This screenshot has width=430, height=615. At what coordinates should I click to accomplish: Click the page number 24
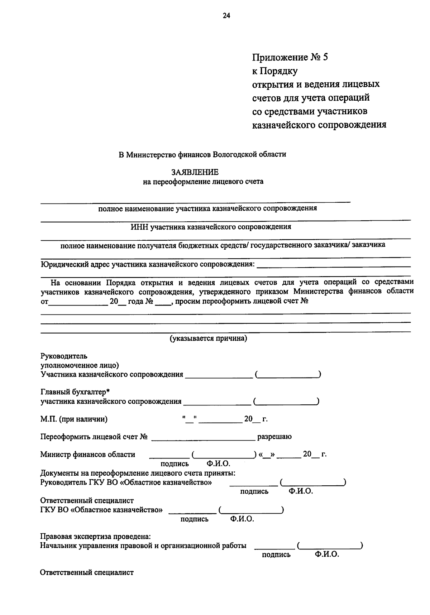[226, 15]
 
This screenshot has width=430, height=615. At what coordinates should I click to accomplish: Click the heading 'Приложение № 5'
[290, 57]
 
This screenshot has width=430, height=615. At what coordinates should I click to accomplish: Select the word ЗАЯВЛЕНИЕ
[195, 172]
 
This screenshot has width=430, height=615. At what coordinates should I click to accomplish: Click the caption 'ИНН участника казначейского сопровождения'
[211, 227]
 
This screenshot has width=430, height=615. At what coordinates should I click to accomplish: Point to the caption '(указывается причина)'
[208, 338]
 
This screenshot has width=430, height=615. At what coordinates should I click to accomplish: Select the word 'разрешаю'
[274, 437]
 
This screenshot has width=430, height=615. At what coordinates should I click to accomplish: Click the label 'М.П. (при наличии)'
[74, 419]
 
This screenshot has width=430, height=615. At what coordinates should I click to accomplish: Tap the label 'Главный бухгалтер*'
[75, 392]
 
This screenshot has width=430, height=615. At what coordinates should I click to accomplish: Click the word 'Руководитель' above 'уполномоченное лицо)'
[64, 356]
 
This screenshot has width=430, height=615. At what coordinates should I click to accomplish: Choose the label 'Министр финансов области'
[88, 455]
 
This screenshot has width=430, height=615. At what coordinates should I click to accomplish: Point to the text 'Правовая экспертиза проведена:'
[95, 537]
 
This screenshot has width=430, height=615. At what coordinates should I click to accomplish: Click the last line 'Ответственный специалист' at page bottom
[87, 572]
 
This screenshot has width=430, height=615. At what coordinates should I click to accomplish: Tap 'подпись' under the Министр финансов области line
[175, 464]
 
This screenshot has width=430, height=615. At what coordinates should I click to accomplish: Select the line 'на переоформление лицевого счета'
[203, 182]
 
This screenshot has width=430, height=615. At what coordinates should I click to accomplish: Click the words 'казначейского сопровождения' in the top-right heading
[319, 125]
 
